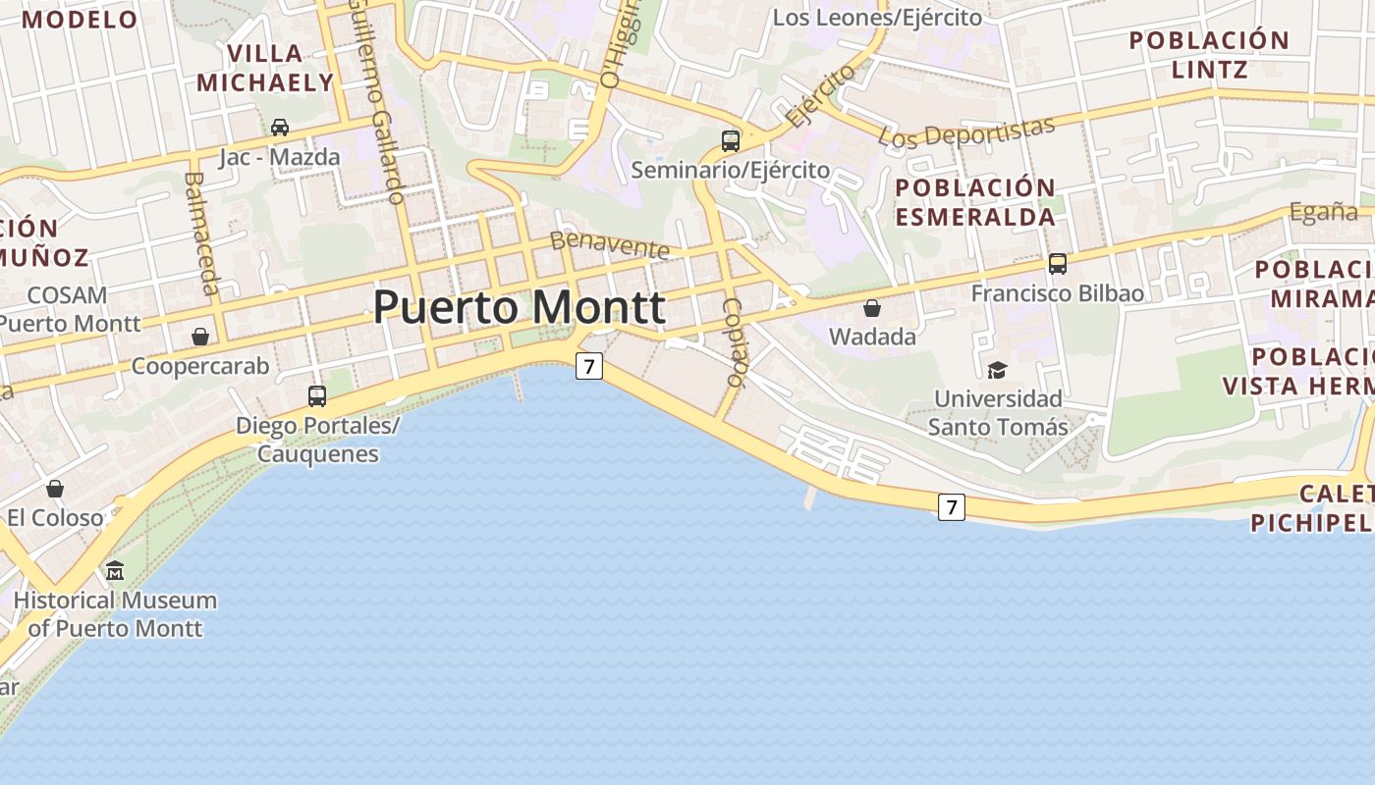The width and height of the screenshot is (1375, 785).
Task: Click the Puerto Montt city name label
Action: coord(519,307)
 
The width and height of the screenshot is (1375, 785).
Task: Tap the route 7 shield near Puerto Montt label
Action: coord(588,367)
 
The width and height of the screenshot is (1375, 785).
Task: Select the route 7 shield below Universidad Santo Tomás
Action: coord(951,507)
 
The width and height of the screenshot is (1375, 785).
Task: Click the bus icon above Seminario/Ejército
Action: coord(731,140)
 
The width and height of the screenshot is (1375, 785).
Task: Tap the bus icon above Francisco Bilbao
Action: coord(1058,263)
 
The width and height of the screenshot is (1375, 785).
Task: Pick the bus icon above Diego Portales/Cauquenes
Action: coord(317,395)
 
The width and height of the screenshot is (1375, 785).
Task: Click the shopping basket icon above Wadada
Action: coord(872,308)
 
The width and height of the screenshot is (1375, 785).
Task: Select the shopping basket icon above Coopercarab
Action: coord(200,337)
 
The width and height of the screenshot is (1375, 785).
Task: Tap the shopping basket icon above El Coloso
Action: coord(55,488)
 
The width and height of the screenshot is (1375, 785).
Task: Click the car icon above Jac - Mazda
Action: coord(280,127)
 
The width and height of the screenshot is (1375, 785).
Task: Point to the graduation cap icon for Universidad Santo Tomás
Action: coord(998,370)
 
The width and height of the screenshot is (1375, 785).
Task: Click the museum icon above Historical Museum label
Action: coord(115,570)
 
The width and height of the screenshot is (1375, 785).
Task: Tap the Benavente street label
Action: coord(609,244)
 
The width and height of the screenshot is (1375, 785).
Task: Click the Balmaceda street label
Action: coord(200,234)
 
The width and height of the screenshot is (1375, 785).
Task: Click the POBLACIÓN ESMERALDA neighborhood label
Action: coord(975,202)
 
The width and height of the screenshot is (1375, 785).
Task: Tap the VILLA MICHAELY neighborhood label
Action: coord(265,68)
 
